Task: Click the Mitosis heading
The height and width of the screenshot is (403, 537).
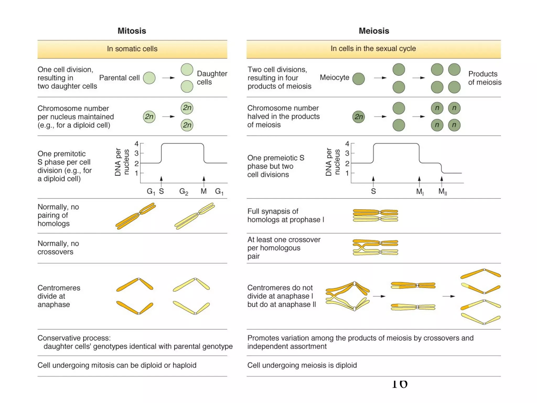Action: [132, 31]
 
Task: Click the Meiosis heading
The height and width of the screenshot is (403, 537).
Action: [374, 31]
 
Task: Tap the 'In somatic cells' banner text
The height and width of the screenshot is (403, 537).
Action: [132, 49]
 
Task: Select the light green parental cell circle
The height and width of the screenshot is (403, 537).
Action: [149, 78]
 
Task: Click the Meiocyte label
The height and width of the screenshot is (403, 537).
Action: [334, 77]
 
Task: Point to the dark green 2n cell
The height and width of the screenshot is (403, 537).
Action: [358, 117]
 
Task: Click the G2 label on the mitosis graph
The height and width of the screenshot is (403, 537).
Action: [184, 192]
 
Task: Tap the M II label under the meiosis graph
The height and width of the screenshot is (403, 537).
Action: [442, 192]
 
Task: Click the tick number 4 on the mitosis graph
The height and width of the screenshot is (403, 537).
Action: [136, 144]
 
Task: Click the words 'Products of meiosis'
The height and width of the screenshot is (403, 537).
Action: [485, 78]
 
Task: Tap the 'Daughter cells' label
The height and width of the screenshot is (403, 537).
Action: [212, 78]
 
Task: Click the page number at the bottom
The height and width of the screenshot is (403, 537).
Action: [400, 384]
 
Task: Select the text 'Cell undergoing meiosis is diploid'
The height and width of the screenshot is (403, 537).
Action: [302, 365]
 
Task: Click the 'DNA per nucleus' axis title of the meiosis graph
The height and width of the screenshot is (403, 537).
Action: [332, 162]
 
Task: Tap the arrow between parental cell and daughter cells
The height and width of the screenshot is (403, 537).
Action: [168, 78]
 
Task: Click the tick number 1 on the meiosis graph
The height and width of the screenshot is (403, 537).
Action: [347, 173]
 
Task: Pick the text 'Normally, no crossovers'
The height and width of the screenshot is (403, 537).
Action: [58, 247]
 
